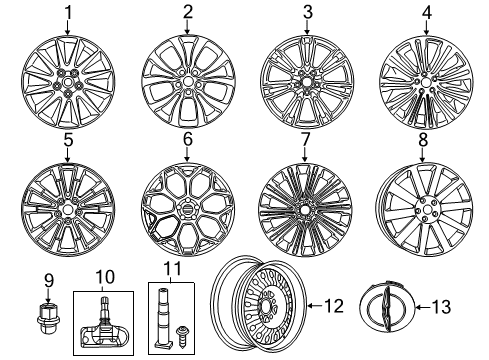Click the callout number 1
[x=68, y=13]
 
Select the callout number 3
[x=307, y=13]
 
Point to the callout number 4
[x=426, y=13]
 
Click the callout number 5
[x=68, y=141]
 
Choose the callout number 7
[x=307, y=141]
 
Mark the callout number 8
[x=423, y=141]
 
